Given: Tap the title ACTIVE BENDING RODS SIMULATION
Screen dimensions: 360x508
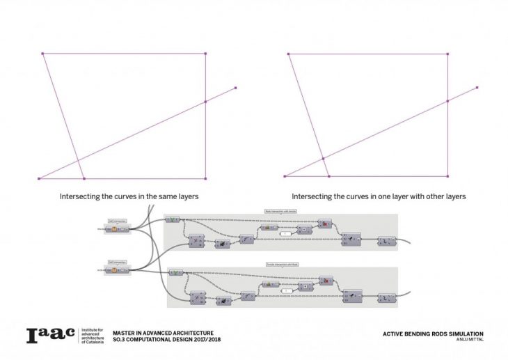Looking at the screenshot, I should click(x=433, y=333).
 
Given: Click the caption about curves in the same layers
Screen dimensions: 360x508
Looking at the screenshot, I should click(x=129, y=196).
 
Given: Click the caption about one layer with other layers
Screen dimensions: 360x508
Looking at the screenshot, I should click(x=379, y=196).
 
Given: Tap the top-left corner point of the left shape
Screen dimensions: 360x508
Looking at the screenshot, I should click(x=42, y=53).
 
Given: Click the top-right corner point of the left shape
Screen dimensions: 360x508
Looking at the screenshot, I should click(x=205, y=53).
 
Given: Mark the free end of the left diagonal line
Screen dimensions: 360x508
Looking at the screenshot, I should click(x=236, y=88).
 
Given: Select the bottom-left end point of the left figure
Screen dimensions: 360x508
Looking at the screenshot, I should click(x=39, y=178).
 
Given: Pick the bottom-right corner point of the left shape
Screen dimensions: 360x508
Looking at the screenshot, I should click(x=205, y=178).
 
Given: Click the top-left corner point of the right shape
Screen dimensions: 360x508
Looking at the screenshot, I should click(x=288, y=54).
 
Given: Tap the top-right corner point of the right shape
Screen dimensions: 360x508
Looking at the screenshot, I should click(x=447, y=54).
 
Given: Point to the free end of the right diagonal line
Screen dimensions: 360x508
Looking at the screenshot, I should click(x=477, y=88).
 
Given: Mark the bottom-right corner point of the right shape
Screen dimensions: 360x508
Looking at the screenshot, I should click(x=447, y=176).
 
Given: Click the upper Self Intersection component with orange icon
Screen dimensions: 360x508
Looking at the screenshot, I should click(x=116, y=229).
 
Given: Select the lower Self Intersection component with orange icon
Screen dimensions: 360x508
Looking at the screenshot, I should click(x=116, y=269).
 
